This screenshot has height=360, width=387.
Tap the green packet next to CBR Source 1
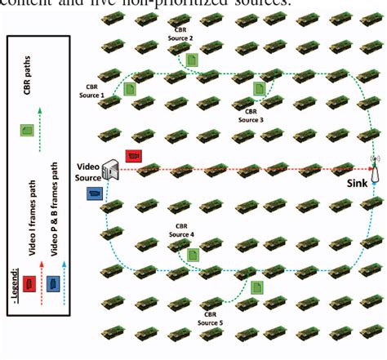[131, 84]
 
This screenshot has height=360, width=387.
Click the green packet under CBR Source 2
[191, 60]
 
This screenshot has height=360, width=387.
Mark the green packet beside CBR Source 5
[257, 287]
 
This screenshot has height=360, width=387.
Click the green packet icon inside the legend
[26, 128]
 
